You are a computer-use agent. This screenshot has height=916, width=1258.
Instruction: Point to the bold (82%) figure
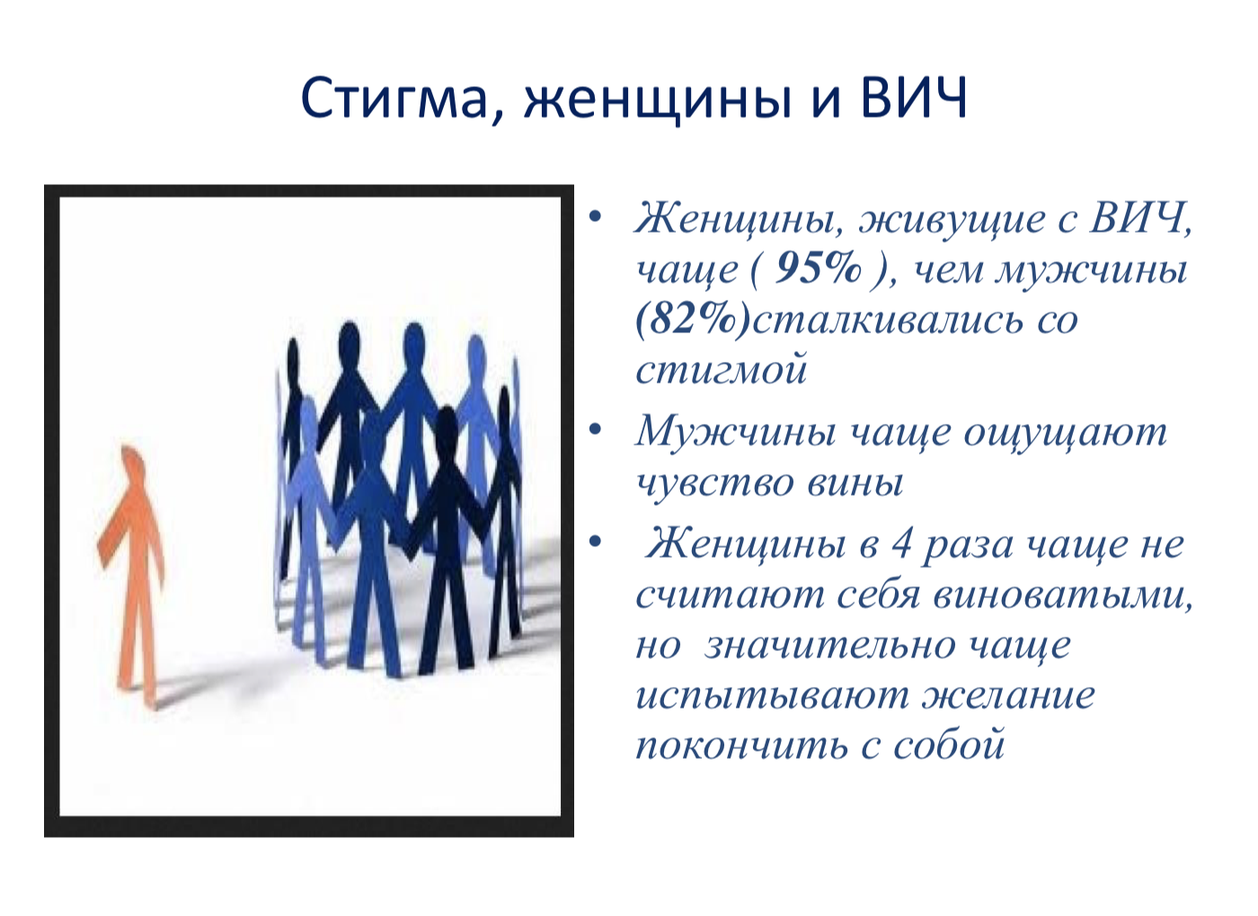coord(693,320)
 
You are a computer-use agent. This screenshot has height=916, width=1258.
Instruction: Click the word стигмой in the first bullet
coord(722,369)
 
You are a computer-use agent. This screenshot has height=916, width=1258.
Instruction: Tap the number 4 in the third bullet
coord(902,544)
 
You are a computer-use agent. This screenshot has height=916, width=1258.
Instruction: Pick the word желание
coord(1008,696)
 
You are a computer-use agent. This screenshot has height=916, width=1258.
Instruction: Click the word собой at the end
coord(949,744)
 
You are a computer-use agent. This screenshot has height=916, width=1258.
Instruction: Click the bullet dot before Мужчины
coord(595,430)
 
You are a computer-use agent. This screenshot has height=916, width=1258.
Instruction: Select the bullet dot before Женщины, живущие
coord(595,216)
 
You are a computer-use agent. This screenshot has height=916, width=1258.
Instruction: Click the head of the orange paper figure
coord(133,462)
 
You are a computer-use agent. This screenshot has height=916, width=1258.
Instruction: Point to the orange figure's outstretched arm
coord(111,534)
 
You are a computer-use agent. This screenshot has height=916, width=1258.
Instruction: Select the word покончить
coord(741,746)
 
